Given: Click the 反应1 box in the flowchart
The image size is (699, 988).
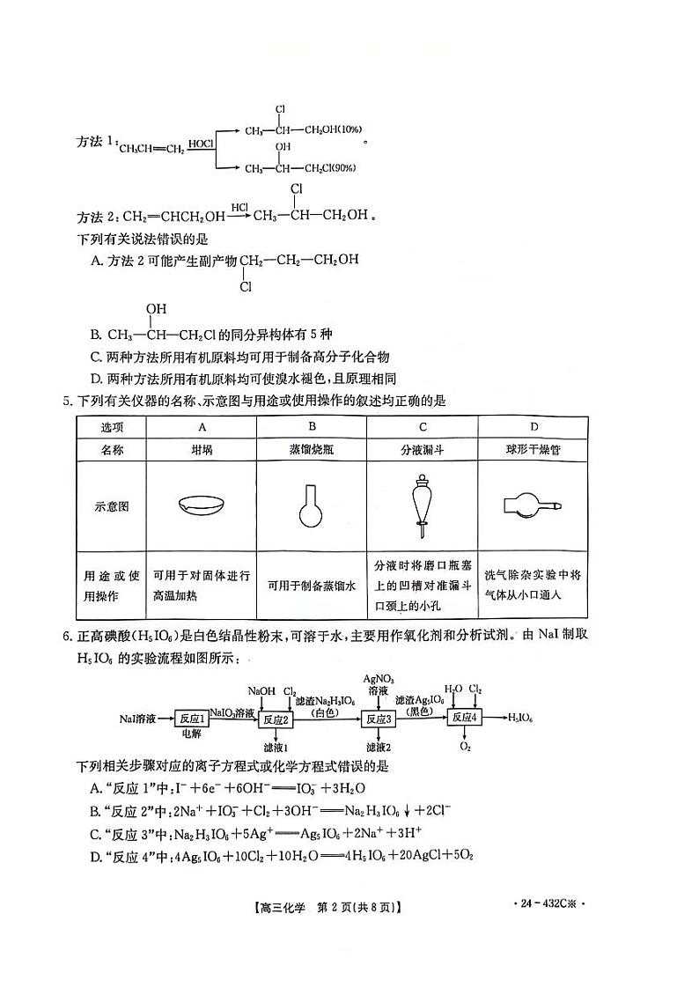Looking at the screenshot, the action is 189,719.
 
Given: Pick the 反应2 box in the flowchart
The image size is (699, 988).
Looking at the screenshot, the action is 275,719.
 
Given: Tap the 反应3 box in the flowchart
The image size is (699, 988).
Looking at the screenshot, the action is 377,719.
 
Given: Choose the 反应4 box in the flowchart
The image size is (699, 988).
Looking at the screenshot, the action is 464,719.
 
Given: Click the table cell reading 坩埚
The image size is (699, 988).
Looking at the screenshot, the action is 202,449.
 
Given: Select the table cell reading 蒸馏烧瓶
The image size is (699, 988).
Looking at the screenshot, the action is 311,449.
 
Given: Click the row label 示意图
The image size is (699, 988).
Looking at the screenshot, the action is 112,507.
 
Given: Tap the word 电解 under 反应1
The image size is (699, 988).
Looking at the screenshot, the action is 190,734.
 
